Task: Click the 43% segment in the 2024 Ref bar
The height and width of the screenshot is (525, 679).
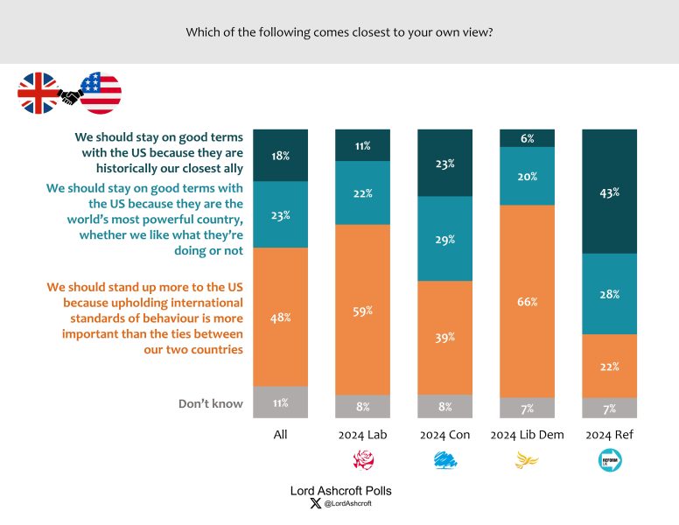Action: point(609,192)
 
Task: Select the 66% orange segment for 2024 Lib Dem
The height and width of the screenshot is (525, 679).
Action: point(526,301)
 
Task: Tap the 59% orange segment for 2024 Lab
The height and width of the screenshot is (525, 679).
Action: point(362,310)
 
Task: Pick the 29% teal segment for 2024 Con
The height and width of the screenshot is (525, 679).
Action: point(444,239)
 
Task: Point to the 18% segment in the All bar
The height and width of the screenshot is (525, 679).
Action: point(279,155)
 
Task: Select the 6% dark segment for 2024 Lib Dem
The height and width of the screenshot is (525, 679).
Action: point(526,137)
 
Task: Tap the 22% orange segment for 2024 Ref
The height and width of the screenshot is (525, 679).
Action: point(609,366)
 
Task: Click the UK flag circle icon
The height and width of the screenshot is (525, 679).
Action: point(38,94)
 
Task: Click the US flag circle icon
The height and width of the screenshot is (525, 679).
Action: point(101,94)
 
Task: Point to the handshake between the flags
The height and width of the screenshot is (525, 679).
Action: point(69,95)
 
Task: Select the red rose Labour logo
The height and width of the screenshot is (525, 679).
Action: point(362,459)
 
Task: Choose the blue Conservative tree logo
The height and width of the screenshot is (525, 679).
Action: point(444,459)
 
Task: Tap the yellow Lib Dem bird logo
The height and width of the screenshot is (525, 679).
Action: point(526,459)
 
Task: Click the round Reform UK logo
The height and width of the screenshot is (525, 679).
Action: point(609,459)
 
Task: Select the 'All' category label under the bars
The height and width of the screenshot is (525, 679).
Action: point(279,434)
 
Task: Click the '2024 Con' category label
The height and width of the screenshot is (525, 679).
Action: point(444,434)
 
